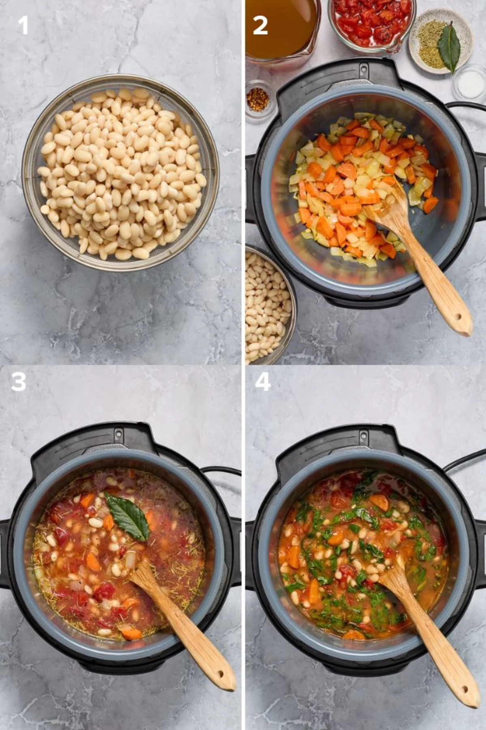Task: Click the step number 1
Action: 23,25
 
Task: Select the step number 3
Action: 19,382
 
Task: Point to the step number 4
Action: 263,382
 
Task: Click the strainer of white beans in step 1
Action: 120,172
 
